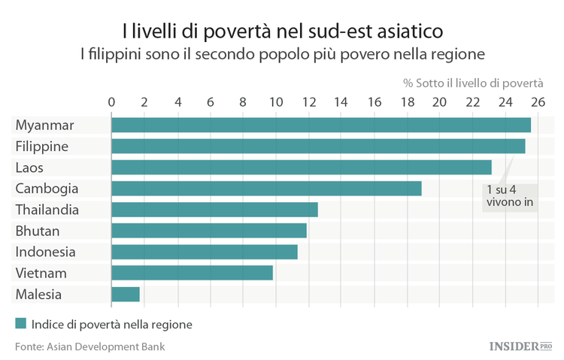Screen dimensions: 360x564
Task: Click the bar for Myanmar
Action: [321, 125]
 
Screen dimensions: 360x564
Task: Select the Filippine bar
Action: [318, 146]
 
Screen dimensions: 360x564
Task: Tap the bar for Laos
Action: [301, 167]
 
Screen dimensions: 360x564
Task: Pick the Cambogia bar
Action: [266, 188]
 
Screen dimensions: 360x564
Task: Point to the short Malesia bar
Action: [126, 294]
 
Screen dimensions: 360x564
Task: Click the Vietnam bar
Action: [192, 273]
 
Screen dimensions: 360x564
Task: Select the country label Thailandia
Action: [47, 210]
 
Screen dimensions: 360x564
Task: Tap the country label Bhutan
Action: [37, 231]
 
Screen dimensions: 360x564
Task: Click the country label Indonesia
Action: [45, 252]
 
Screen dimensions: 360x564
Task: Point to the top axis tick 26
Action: [538, 101]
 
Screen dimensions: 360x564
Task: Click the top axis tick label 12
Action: [308, 101]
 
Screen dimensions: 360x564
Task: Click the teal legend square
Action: [20, 325]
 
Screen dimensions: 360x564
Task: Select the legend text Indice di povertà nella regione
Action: [111, 325]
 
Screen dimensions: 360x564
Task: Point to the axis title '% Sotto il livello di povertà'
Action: [473, 82]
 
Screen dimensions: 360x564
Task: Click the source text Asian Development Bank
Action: [105, 346]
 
